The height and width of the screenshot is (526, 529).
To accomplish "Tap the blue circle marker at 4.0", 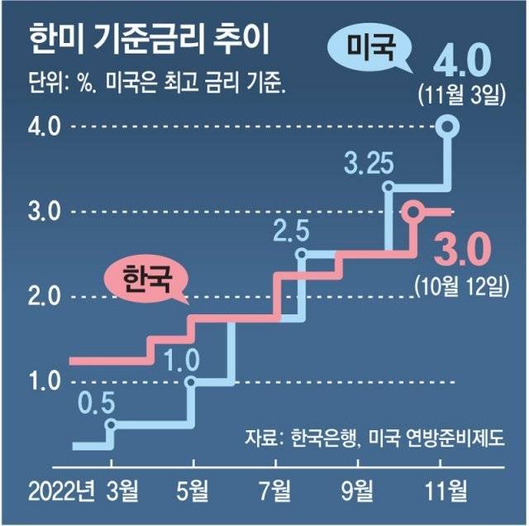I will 447,127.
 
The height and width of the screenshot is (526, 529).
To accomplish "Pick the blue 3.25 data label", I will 367,161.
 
